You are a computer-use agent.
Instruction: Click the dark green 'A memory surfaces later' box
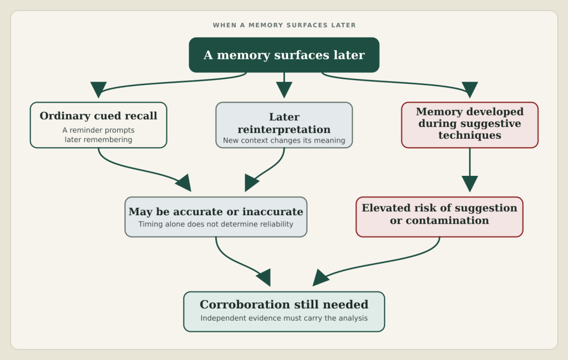[284, 55]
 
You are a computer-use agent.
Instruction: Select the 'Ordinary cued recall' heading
[99, 116]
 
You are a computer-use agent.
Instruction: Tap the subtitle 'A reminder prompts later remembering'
[99, 135]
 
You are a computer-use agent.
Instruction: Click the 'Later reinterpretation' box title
[284, 123]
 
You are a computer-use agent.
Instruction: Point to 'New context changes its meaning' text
[284, 140]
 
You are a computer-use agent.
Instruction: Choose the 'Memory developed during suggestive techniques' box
[470, 125]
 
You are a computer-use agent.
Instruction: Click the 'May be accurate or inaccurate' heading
[216, 211]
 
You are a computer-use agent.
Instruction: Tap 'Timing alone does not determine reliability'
[216, 224]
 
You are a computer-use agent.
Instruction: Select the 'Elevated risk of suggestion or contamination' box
[439, 217]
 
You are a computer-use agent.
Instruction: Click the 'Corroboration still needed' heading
[284, 305]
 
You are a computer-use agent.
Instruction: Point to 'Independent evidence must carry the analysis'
[284, 318]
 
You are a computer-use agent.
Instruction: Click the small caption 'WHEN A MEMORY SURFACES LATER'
[284, 26]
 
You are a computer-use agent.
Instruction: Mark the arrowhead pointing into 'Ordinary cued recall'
[99, 89]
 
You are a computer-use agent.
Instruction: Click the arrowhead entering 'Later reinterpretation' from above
[284, 89]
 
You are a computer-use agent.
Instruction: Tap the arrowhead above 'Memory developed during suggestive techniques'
[470, 89]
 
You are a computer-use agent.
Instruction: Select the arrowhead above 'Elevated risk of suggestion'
[470, 184]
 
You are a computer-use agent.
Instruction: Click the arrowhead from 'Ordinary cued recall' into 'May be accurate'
[184, 183]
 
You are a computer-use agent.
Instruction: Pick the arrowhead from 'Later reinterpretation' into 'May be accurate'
[251, 182]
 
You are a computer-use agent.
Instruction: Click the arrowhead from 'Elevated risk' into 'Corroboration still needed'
[320, 278]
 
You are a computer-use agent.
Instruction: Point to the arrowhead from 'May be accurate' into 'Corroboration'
[264, 278]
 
